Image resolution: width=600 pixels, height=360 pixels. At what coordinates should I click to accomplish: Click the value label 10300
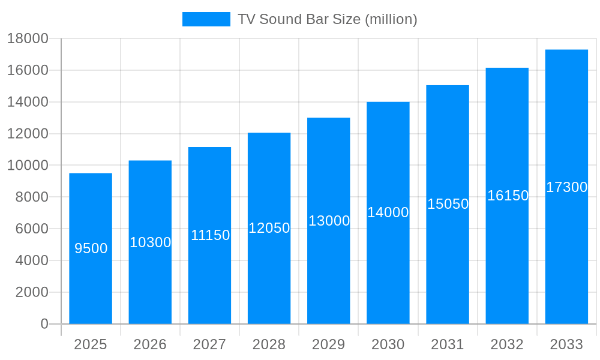coord(151,242)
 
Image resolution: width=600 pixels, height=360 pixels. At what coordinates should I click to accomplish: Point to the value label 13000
coord(329,221)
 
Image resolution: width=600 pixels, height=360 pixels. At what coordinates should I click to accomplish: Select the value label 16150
coord(508,196)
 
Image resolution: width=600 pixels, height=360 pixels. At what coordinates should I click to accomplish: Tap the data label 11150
coord(210,235)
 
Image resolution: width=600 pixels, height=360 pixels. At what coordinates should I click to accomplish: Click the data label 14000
coord(388,212)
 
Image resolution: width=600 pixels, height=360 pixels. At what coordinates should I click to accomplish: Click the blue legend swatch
coord(206,19)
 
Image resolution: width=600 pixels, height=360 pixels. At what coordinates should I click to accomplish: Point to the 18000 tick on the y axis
coord(28,38)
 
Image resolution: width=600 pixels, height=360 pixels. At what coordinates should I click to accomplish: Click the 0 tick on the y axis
coord(44,324)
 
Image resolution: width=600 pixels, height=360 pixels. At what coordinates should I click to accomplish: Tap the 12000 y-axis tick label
coord(28,134)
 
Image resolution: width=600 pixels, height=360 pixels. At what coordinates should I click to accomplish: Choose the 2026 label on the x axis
coord(150,344)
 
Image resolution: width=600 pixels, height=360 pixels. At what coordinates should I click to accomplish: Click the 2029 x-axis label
coord(329,344)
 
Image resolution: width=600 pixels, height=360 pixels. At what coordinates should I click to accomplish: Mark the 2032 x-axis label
coord(507,344)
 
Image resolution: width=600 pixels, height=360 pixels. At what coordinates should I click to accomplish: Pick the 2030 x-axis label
coord(388,344)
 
